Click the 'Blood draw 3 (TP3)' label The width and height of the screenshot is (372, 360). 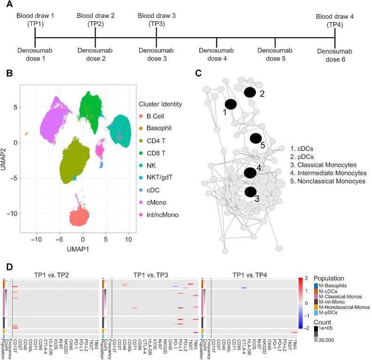click(157, 19)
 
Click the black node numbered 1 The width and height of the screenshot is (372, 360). click(230, 104)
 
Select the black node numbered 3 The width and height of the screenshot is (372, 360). click(250, 192)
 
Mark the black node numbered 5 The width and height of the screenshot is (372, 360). click(255, 137)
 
